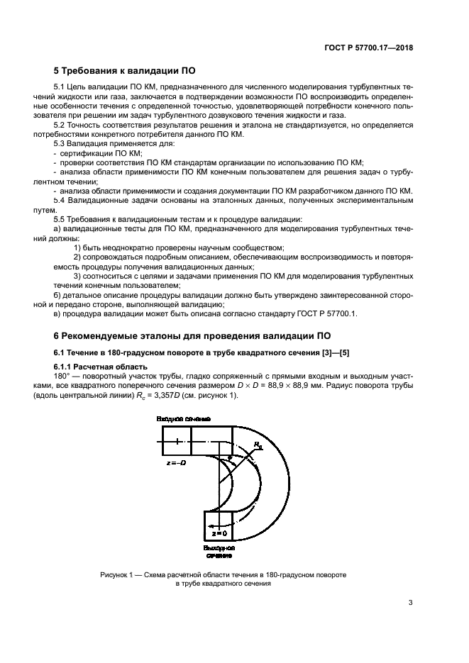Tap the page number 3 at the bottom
click(411, 603)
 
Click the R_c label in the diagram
click(258, 445)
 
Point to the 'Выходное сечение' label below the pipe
click(219, 552)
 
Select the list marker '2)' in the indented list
click(79, 256)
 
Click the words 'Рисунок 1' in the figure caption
click(118, 574)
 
